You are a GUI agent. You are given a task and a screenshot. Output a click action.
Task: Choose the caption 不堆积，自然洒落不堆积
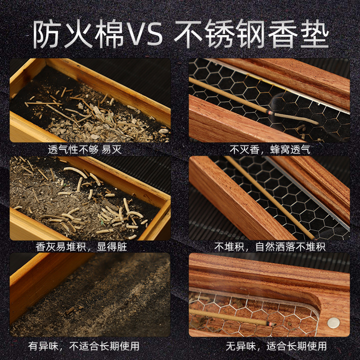[270, 247]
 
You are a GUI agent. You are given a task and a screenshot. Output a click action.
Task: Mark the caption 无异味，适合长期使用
[270, 346]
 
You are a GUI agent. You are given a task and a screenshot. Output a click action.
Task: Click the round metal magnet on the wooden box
[333, 322]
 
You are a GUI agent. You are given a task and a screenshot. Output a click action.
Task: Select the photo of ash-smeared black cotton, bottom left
[90, 295]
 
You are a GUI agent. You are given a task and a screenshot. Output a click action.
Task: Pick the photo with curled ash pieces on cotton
[90, 198]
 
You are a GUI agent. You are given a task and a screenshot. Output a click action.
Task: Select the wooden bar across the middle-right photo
[238, 198]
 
